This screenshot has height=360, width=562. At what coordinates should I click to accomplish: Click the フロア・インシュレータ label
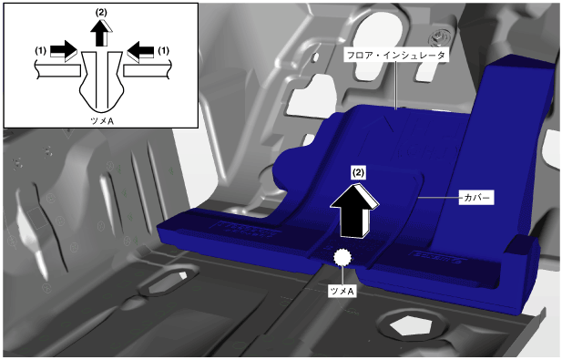[x=396, y=56]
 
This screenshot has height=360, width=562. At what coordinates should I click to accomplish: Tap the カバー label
[x=476, y=198]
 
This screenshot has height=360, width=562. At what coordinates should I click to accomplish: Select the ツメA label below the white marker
[x=342, y=291]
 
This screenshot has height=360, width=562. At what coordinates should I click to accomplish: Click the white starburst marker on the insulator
[x=342, y=257]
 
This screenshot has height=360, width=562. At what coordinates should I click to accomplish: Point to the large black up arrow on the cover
[x=354, y=211]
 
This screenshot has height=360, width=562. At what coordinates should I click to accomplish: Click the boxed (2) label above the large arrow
[x=358, y=173]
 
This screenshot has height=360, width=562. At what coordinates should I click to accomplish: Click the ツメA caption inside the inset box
[x=103, y=121]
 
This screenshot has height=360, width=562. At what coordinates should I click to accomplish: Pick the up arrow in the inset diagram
[x=101, y=33]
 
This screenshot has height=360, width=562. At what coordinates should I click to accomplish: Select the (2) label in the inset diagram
[x=101, y=12]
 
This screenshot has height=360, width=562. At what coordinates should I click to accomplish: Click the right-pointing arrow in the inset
[x=64, y=51]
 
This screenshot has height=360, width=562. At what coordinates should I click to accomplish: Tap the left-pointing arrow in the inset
[x=140, y=52]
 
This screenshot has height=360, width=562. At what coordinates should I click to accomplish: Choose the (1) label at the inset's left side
[x=40, y=51]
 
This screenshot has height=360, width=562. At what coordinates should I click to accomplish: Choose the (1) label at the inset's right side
[x=163, y=50]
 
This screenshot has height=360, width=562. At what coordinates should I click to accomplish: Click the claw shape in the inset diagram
[x=102, y=81]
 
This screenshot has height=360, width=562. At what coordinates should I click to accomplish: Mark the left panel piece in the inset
[x=57, y=70]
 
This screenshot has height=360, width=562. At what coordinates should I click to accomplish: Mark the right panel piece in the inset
[x=148, y=71]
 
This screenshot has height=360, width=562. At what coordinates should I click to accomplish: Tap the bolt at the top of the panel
[x=439, y=37]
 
